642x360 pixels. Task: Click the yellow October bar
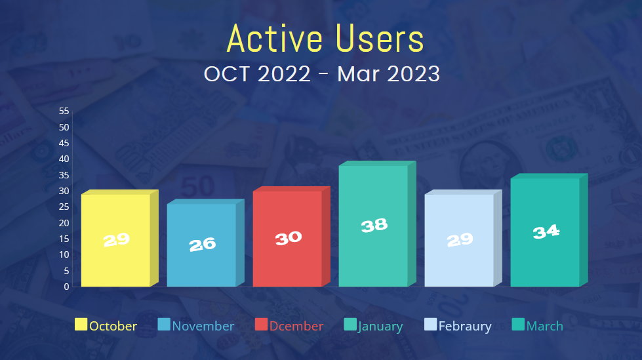click(x=119, y=238)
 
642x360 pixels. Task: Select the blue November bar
click(x=205, y=243)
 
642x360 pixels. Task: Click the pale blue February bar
click(x=463, y=238)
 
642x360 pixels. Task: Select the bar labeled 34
click(x=549, y=230)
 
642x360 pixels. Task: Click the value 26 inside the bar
click(x=202, y=245)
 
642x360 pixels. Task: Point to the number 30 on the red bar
click(x=289, y=237)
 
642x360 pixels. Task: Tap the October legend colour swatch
click(x=81, y=325)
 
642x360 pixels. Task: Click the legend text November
click(x=203, y=326)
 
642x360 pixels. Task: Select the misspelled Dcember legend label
click(x=296, y=326)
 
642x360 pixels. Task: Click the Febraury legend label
click(x=465, y=327)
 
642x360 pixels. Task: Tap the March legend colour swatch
click(x=518, y=325)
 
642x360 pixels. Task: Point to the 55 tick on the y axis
click(x=64, y=111)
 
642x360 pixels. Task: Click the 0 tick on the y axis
click(x=66, y=287)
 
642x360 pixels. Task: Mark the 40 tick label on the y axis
click(x=64, y=159)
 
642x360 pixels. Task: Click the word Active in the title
click(x=275, y=39)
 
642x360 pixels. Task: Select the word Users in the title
click(x=380, y=39)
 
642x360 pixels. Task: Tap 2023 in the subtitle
click(x=414, y=74)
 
